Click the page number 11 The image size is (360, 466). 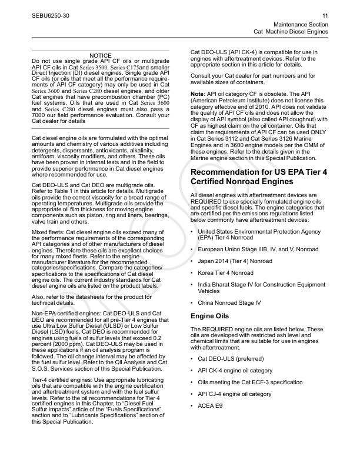pos(325,15)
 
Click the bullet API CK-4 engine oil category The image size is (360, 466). pos(235,370)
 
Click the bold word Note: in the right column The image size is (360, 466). pos(198,94)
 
